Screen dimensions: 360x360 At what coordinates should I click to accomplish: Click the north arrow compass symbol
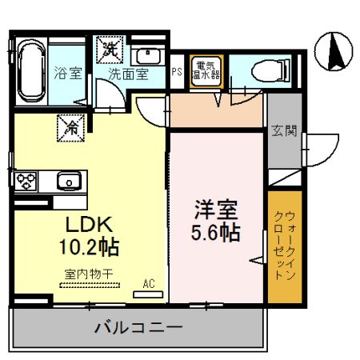tap(334, 51)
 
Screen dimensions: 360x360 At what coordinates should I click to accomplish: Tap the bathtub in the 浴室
tap(31, 71)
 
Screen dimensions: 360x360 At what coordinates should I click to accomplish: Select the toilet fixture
tap(270, 71)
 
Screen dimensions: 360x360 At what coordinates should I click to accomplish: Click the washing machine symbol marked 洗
tap(110, 50)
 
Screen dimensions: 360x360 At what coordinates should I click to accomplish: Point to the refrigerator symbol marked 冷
tap(70, 128)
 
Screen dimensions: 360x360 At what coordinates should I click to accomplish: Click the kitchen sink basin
tap(69, 181)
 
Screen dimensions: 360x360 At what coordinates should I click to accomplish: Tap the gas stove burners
tap(26, 181)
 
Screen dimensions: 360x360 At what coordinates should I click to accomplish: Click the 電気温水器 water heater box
tap(206, 71)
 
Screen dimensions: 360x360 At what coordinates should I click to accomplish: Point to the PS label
tap(177, 71)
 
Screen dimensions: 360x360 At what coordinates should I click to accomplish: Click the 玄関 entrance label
tap(284, 131)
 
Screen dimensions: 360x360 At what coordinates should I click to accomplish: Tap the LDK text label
tap(89, 225)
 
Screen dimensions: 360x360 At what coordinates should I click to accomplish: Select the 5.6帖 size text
tap(216, 232)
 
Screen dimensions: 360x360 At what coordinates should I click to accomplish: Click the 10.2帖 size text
tap(89, 247)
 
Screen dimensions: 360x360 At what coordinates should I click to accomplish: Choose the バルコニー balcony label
tap(138, 328)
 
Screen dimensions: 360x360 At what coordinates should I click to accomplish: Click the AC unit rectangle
tap(148, 294)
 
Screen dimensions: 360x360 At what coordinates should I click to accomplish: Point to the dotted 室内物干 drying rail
tap(90, 285)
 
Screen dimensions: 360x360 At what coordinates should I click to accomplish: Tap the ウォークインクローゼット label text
tap(285, 246)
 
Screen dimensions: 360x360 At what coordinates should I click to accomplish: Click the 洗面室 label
tap(128, 74)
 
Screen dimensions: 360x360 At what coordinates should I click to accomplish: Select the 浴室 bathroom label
tap(68, 73)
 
